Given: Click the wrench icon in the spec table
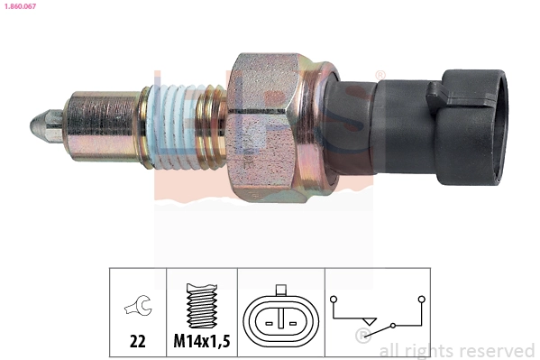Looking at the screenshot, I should (x=138, y=307).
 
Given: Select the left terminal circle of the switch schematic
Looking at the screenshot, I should (x=333, y=297).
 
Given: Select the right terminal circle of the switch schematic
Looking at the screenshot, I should (x=421, y=297).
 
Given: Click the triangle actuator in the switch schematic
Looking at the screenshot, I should (x=369, y=320).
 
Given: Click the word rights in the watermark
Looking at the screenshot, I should (x=429, y=351).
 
